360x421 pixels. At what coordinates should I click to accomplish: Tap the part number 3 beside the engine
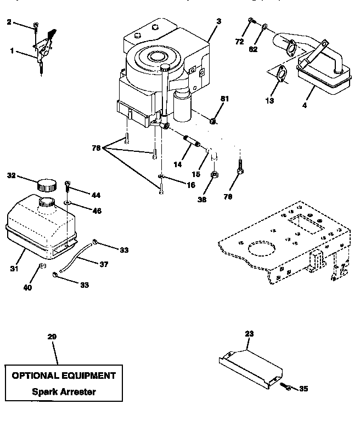(218, 21)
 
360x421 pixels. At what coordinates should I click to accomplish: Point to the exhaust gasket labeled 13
(280, 73)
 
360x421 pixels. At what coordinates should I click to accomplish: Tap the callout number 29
(52, 337)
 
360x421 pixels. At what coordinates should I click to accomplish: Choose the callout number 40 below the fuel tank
(27, 287)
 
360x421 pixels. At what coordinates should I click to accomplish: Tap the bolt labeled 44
(67, 186)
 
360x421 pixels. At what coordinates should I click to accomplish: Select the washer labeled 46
(66, 202)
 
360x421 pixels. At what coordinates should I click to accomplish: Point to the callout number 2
(9, 22)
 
